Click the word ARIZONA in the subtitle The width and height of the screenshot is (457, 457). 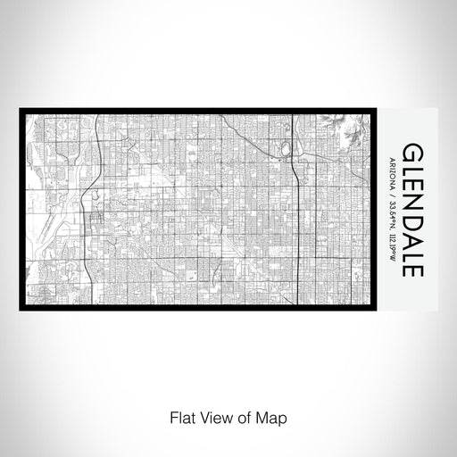(392, 170)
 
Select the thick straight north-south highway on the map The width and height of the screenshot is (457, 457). (295, 232)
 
